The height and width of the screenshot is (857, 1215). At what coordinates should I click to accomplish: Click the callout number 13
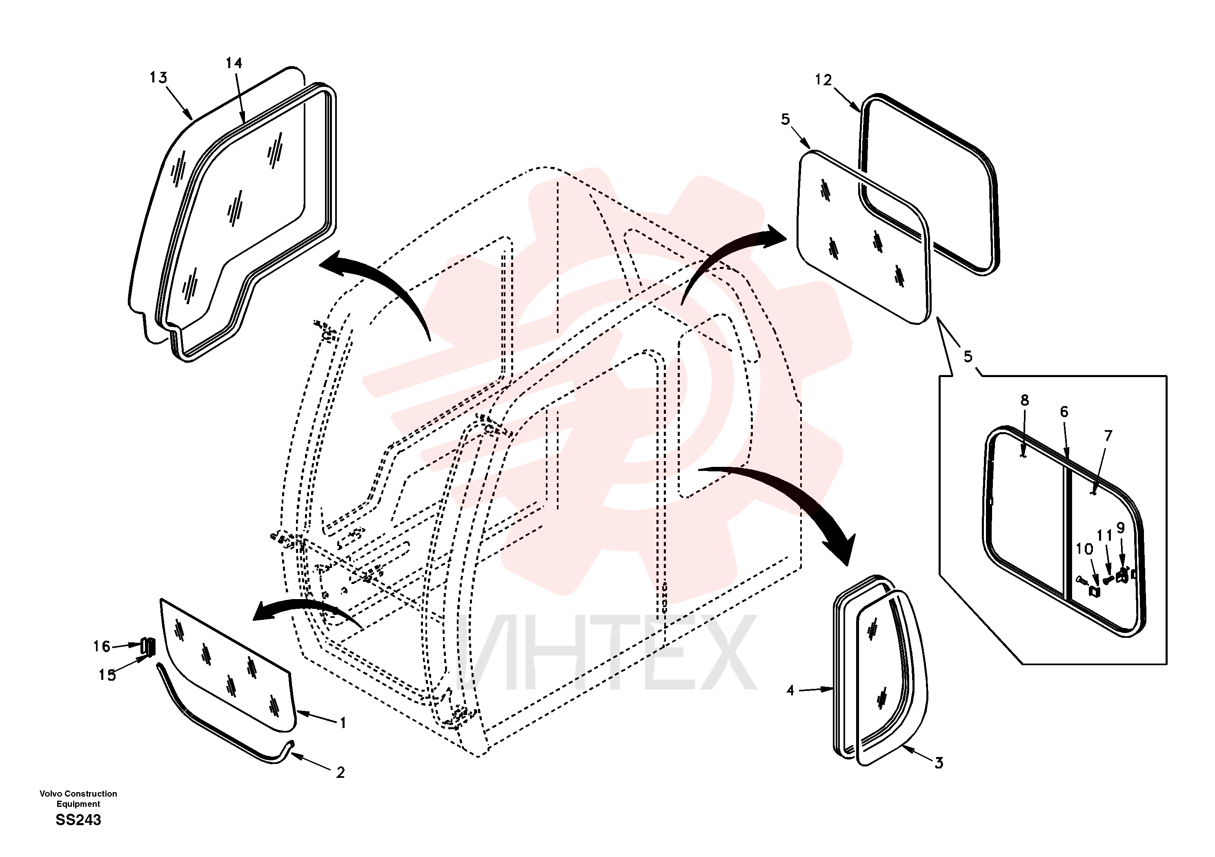(x=158, y=78)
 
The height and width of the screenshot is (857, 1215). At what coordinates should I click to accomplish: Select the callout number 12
(x=823, y=80)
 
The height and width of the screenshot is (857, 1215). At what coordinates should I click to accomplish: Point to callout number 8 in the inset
(x=1024, y=400)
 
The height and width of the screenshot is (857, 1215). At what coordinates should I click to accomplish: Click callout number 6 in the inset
(x=1064, y=412)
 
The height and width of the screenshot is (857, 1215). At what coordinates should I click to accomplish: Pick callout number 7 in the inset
(x=1108, y=436)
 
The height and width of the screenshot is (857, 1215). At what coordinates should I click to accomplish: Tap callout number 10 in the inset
(x=1084, y=549)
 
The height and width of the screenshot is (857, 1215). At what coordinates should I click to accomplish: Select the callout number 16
(x=102, y=646)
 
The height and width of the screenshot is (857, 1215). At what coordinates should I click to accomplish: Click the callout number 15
(x=107, y=675)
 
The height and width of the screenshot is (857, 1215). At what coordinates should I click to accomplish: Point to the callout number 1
(x=343, y=723)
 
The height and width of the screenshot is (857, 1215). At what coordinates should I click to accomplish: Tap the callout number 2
(x=340, y=773)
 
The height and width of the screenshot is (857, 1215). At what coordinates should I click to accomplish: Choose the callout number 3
(x=939, y=763)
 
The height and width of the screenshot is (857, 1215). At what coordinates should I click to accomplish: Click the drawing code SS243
(x=78, y=820)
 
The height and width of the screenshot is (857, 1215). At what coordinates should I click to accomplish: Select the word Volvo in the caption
(x=50, y=793)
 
